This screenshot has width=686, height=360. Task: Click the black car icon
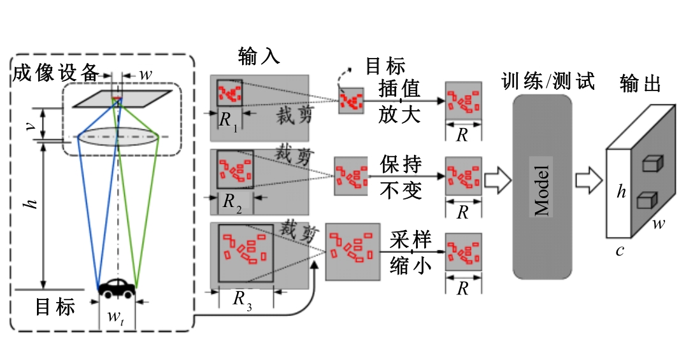pos(117,288)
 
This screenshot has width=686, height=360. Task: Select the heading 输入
pos(259,56)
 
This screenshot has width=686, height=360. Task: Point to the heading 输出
pos(640,83)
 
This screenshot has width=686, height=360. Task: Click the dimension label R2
pos(231,203)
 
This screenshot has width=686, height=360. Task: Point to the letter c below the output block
pos(619,250)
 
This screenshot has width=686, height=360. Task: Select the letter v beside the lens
pos(29,124)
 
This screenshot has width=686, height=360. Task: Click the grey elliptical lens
pos(118,138)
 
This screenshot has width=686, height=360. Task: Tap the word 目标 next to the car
pos(55,307)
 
